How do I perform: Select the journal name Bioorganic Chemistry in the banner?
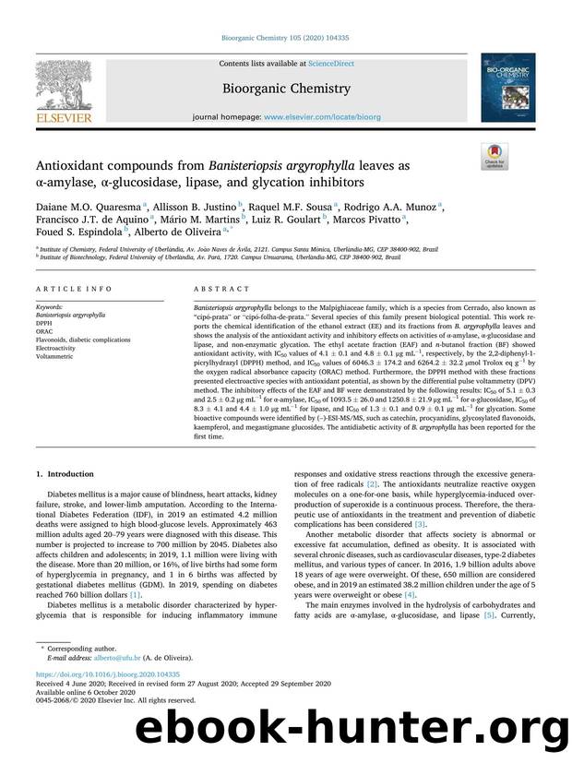286,89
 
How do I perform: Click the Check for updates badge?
495,158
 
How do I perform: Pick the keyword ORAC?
44,333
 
